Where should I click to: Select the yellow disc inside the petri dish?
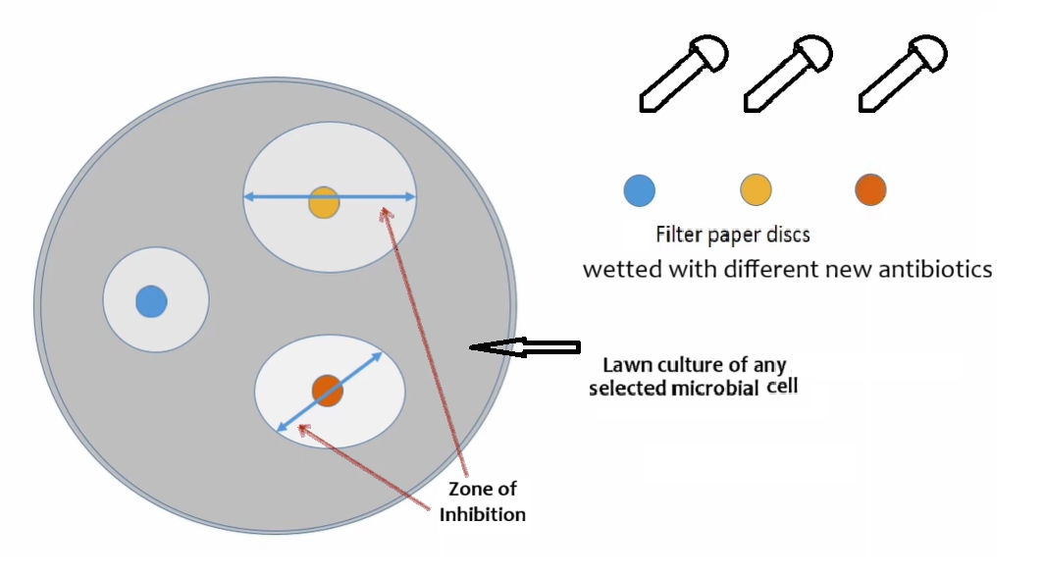click(x=324, y=201)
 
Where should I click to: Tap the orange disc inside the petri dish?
click(x=328, y=391)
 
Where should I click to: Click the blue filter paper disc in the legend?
click(x=640, y=189)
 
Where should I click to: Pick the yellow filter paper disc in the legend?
click(x=756, y=189)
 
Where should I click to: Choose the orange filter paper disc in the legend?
click(x=870, y=189)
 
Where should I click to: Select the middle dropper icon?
click(x=788, y=73)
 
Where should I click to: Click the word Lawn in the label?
click(x=625, y=364)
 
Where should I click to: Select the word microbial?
click(x=706, y=388)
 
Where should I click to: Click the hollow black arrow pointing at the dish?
click(x=525, y=346)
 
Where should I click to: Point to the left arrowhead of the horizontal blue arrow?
click(x=249, y=197)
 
